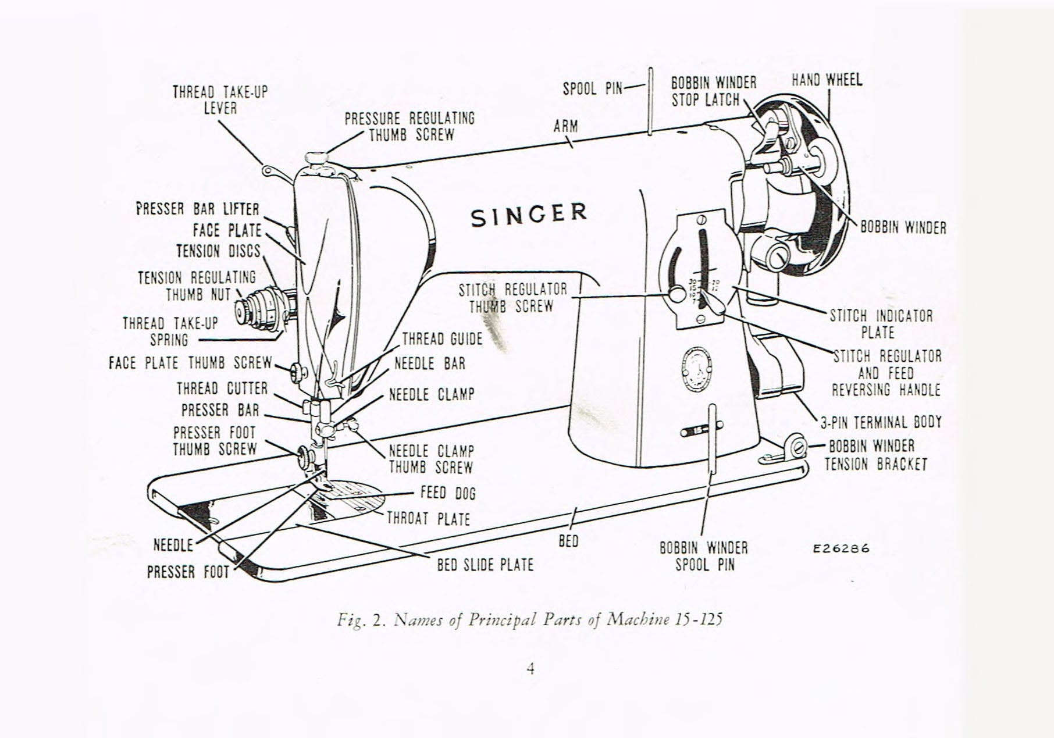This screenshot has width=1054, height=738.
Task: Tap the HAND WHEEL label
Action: coord(827,80)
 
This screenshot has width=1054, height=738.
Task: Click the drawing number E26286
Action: coord(841,548)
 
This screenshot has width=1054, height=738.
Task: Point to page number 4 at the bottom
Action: coord(530,669)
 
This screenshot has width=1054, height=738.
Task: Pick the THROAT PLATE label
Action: coord(428,519)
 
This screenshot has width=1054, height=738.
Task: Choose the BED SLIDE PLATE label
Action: coord(485,565)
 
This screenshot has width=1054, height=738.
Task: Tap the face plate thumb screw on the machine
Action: coord(297,370)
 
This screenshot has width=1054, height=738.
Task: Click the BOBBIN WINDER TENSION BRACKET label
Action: coord(875,455)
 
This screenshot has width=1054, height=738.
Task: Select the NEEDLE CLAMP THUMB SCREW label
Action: coord(431,459)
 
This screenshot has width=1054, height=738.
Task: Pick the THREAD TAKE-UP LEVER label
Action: coord(220,100)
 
